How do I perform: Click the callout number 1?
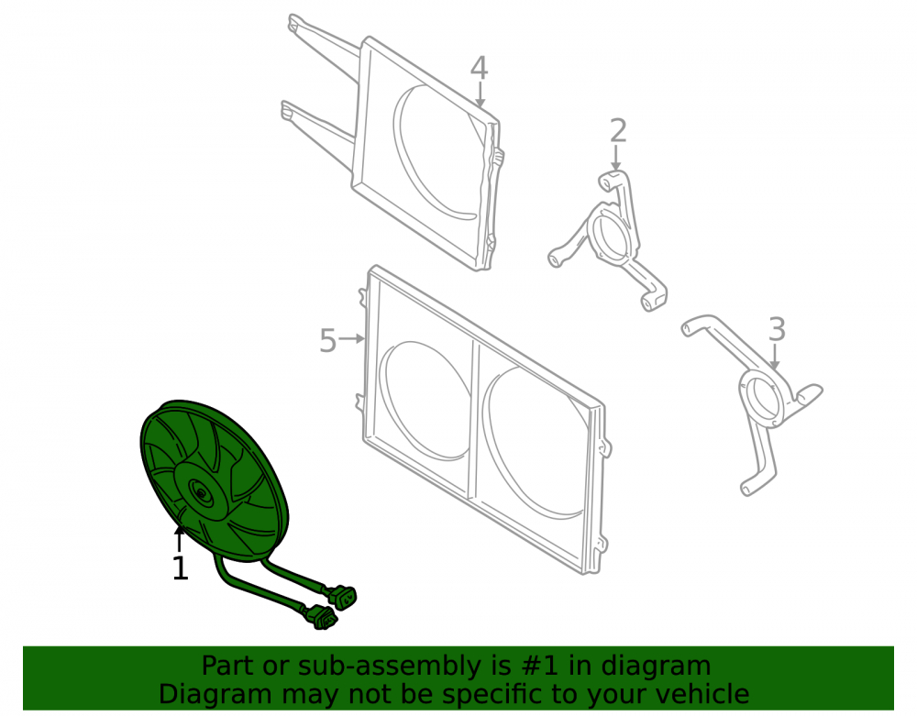point(180,568)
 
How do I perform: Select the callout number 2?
point(617,131)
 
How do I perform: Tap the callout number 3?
point(777,330)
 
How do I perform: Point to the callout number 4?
point(479,68)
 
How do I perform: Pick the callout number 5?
point(328,341)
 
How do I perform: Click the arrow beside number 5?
point(352,338)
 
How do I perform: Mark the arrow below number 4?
point(480,94)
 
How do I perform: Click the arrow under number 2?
point(615,159)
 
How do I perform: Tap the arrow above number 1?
point(180,538)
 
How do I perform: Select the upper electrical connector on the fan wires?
point(342,597)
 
